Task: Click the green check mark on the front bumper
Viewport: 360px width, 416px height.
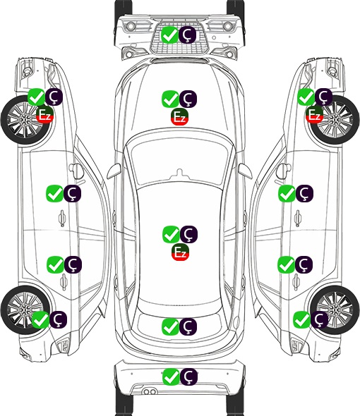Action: (x=169, y=35)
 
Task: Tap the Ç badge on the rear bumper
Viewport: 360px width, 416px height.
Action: (x=188, y=377)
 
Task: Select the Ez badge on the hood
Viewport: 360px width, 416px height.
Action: (x=179, y=116)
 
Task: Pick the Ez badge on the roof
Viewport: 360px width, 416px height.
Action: (x=180, y=252)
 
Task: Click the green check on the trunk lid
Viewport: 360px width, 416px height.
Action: (x=170, y=326)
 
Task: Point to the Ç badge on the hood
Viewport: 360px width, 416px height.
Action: (x=188, y=99)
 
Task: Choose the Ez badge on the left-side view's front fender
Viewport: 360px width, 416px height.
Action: (x=45, y=115)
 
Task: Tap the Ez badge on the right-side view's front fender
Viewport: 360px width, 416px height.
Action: (x=314, y=115)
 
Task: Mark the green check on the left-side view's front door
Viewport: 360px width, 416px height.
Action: (x=54, y=193)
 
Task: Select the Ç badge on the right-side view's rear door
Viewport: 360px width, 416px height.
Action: (x=304, y=264)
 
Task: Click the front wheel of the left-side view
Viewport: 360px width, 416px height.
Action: (x=25, y=121)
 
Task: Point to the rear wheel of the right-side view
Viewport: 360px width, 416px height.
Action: (x=335, y=310)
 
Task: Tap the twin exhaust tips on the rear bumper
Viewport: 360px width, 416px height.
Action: (x=150, y=392)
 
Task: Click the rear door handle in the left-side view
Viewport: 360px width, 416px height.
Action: (x=64, y=282)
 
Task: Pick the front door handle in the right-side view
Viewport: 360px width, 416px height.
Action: (x=298, y=219)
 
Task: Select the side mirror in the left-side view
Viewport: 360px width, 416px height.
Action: (x=76, y=171)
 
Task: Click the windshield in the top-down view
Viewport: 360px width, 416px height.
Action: (x=180, y=163)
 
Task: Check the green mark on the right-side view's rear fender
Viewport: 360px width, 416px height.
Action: (x=301, y=319)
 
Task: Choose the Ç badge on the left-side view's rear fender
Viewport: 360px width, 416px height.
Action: (x=58, y=319)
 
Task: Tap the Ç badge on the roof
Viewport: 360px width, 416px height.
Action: (x=188, y=234)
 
